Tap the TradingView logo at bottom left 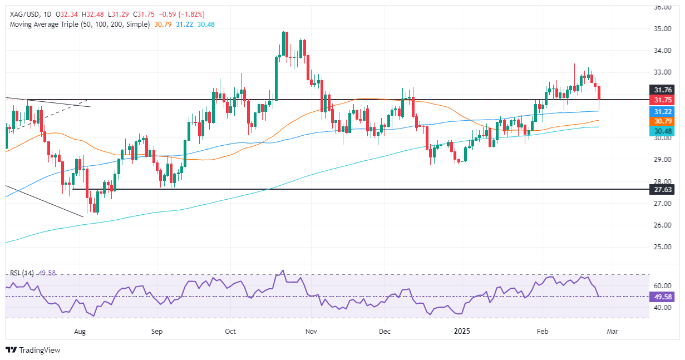coord(33,350)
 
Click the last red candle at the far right coord(599,97)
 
